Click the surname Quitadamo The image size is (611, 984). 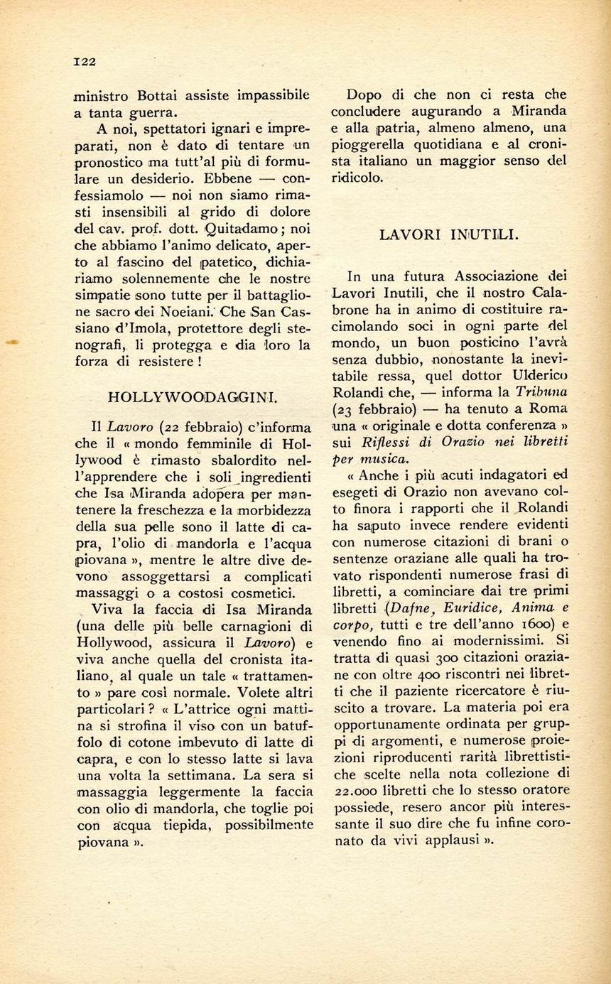tap(226, 229)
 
